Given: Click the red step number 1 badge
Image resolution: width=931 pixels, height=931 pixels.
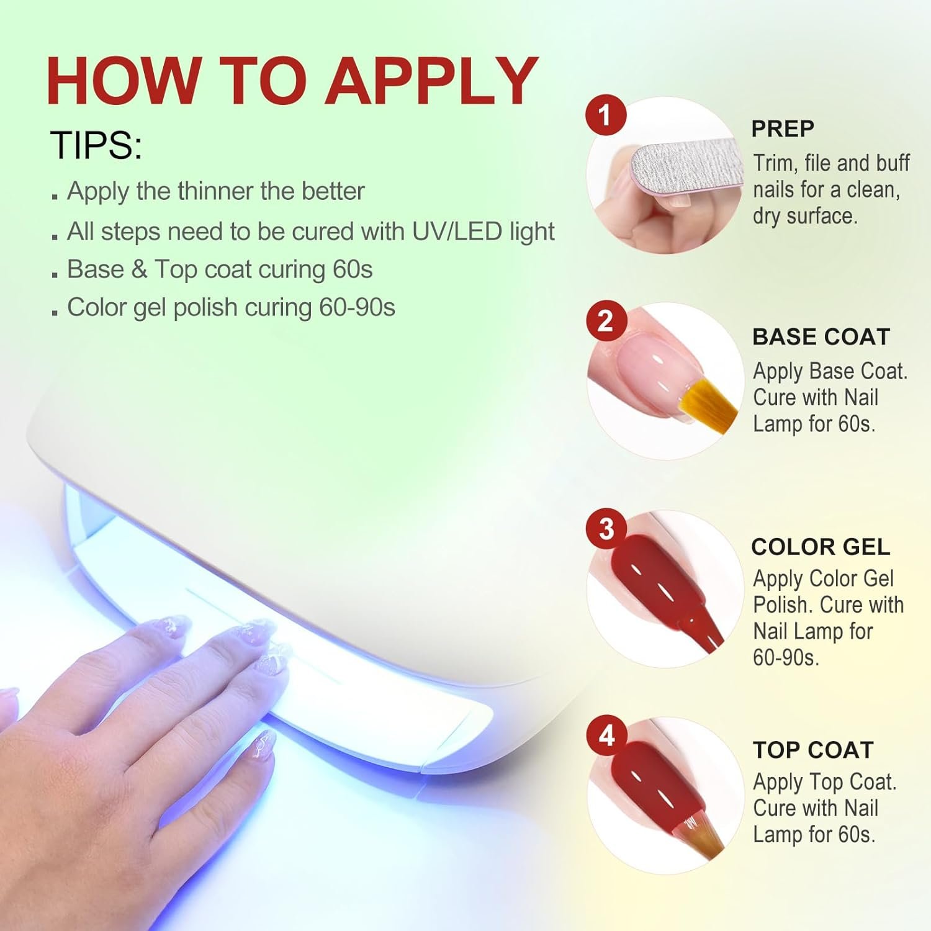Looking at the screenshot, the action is coord(606,115).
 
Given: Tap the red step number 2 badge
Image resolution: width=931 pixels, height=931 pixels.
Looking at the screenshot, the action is coord(606,322).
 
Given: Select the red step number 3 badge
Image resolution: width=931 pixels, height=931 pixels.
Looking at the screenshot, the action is coord(606,529).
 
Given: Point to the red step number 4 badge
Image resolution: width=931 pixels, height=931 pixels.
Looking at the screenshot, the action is coord(606,736).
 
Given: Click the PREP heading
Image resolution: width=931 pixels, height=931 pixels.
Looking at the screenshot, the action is coord(783,128).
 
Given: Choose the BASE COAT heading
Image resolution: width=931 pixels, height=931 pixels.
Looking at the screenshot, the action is coord(821,337).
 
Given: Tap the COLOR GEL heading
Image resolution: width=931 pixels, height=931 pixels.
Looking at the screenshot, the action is coord(821,547).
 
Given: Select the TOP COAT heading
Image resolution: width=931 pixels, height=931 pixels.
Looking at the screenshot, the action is coord(813,750).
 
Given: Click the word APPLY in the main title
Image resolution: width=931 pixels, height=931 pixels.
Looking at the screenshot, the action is coord(432,81).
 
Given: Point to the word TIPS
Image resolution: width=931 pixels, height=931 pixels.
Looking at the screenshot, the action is coord(96,145).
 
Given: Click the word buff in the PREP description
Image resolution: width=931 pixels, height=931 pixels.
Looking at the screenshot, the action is coord(893,163).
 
